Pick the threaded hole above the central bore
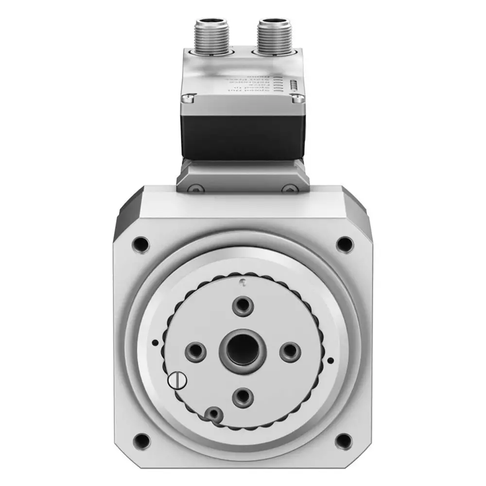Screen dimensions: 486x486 [242, 305]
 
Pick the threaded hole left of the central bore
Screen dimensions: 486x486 [196, 350]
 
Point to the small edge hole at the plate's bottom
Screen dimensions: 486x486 [212, 414]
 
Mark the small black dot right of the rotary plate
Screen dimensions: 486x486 [330, 360]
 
